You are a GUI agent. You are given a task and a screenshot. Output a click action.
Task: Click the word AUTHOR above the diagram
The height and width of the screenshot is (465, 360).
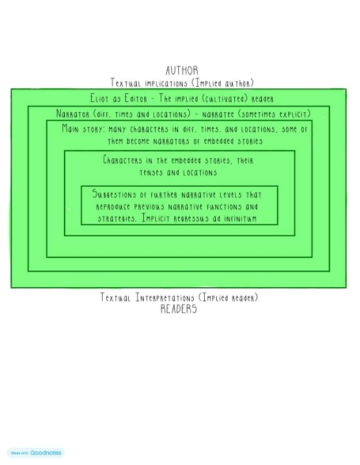(x=182, y=71)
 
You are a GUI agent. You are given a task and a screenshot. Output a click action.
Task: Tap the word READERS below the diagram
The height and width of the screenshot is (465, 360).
(x=178, y=309)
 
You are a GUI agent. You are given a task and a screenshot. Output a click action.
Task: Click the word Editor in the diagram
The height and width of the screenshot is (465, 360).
(x=138, y=99)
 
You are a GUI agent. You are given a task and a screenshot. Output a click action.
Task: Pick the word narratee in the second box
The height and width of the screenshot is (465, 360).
(x=220, y=114)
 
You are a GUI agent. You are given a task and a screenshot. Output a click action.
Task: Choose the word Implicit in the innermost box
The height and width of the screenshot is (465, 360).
(x=156, y=218)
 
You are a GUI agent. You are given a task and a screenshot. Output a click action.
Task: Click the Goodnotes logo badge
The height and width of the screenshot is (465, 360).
(x=36, y=453)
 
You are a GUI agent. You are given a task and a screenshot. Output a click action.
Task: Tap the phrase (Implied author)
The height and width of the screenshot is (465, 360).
(x=222, y=83)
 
